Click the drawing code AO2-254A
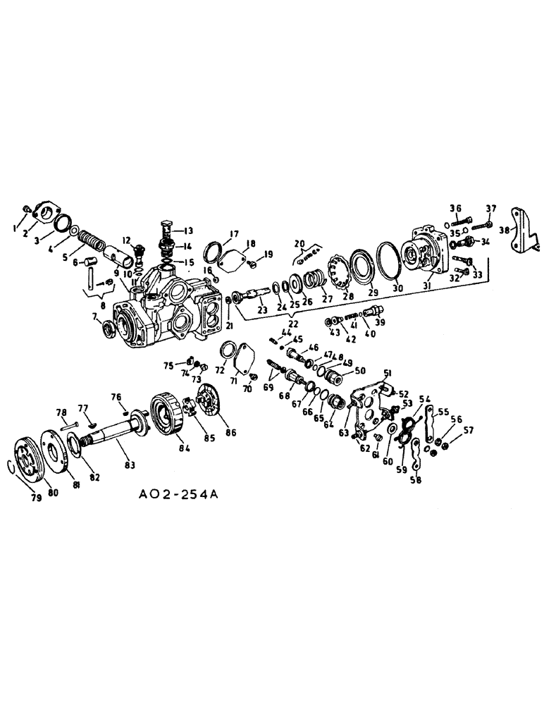(179, 496)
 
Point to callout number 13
(188, 231)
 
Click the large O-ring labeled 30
(387, 258)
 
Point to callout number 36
(455, 207)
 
